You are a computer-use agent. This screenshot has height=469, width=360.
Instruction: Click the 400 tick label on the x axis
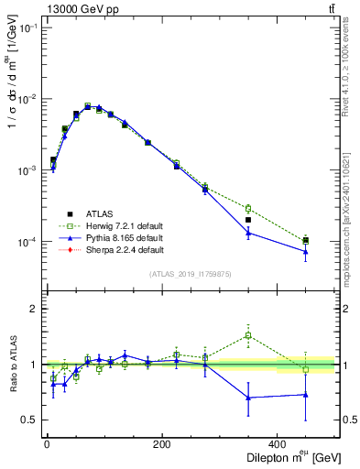tap(278, 443)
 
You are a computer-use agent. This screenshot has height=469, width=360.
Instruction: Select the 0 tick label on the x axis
tap(47, 443)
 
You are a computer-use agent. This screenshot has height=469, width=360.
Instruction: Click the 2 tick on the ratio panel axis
tap(34, 309)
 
